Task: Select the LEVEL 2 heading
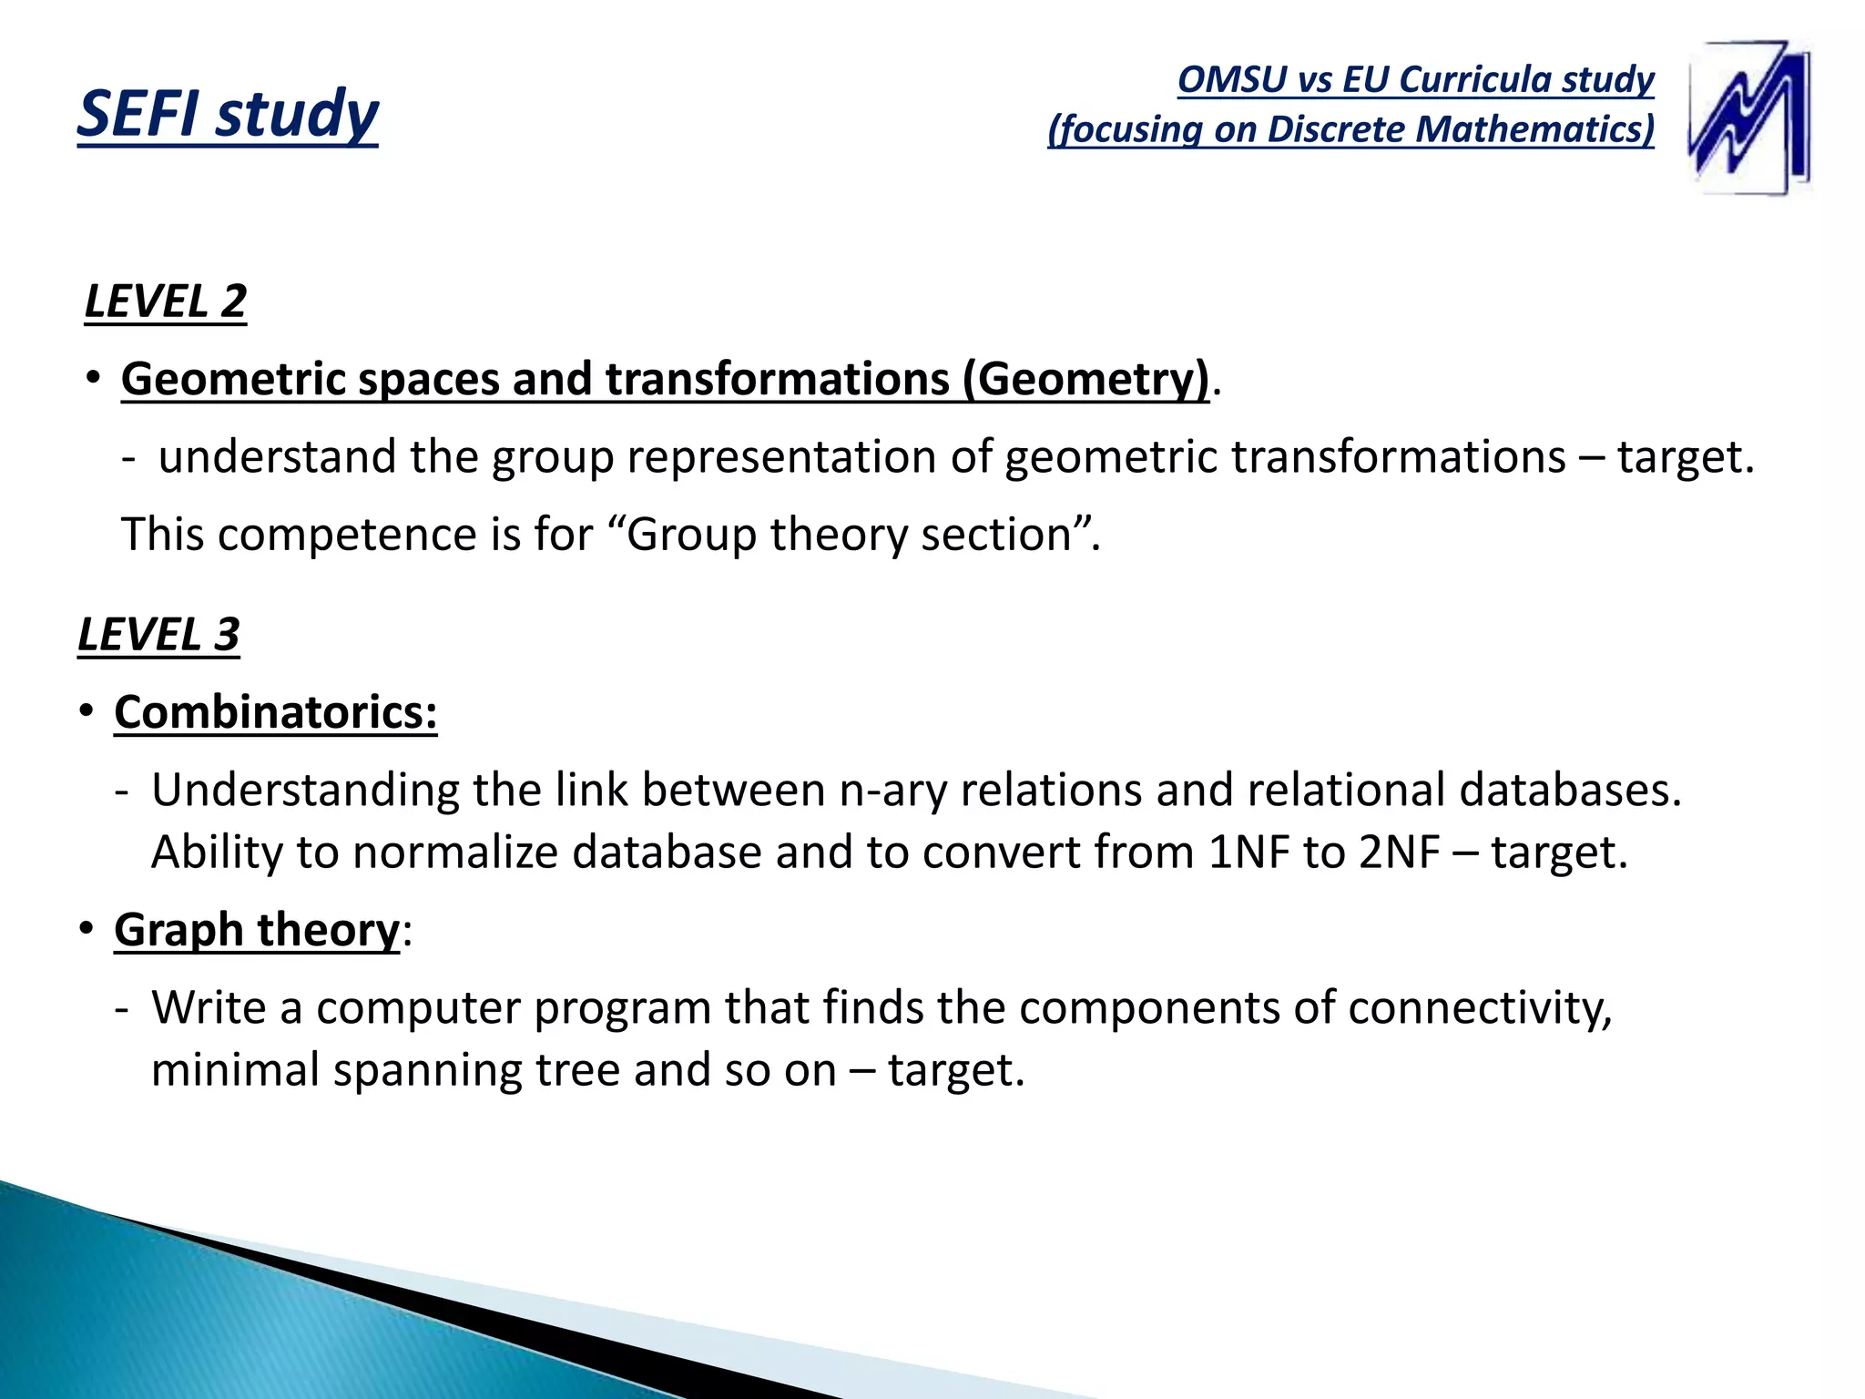point(165,301)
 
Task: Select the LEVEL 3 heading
point(158,634)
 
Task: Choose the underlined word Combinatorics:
point(275,712)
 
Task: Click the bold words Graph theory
point(257,930)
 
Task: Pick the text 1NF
point(1248,853)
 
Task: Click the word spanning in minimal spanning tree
point(427,1070)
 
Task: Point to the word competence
point(347,535)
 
